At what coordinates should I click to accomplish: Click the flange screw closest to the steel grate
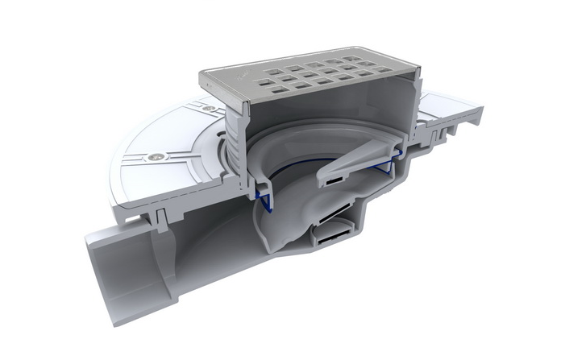tap(209, 107)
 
